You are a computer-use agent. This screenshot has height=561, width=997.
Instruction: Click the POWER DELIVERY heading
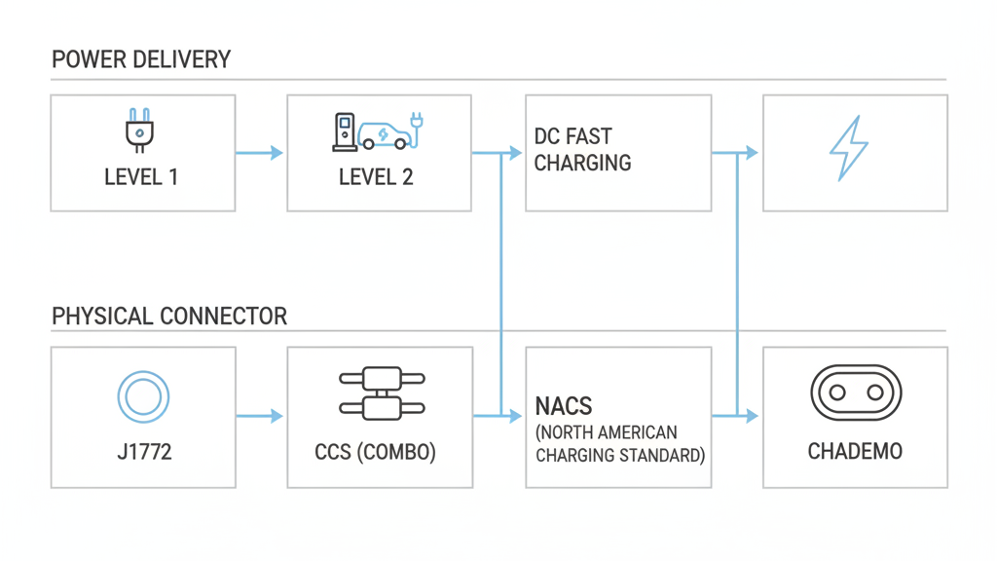click(141, 60)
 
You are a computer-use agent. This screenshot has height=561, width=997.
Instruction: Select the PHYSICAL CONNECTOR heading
click(169, 317)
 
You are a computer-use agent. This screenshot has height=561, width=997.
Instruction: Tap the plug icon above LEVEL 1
click(140, 131)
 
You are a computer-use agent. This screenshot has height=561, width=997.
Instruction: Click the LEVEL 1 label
click(141, 177)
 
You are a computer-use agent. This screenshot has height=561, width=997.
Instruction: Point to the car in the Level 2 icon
click(383, 134)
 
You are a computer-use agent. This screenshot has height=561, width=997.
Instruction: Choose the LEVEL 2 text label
click(376, 177)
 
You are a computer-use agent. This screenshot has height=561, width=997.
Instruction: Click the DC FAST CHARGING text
click(582, 149)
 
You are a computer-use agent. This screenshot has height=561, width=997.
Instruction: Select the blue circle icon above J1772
click(143, 396)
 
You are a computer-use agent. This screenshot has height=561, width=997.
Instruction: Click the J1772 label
click(143, 452)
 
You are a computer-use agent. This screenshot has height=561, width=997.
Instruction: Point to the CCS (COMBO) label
click(376, 452)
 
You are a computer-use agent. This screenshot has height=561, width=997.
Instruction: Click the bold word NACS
click(564, 406)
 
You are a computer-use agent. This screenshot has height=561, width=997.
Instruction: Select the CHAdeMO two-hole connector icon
click(856, 393)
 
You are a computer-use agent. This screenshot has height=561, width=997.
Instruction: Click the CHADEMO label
click(855, 452)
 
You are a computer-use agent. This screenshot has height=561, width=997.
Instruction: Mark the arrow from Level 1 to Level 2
click(260, 153)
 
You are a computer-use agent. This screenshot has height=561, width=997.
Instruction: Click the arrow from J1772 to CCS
click(260, 416)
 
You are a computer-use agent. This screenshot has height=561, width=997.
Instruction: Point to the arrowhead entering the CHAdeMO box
click(752, 416)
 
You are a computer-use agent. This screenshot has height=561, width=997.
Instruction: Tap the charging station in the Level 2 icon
click(344, 132)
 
